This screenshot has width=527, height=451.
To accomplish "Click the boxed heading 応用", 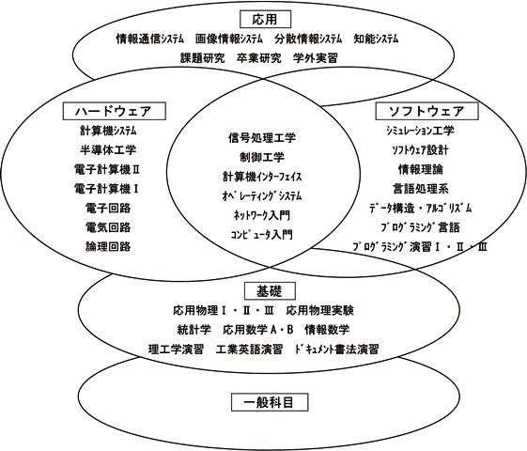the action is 265,19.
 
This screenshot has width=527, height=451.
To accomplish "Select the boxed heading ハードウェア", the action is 115,111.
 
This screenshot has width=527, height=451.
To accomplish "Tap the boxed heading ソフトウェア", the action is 426,111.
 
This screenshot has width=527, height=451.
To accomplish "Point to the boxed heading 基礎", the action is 270,291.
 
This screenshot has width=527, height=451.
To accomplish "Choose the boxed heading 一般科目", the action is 270,402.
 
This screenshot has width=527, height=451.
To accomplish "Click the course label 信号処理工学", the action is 262,137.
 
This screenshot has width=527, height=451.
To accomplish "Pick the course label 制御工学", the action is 262,157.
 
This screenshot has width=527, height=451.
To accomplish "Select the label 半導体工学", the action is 108,149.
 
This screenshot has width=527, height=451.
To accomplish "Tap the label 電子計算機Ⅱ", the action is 106,169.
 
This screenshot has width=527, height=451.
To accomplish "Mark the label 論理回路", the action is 108,246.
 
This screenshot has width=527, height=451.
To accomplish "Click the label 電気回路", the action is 108,227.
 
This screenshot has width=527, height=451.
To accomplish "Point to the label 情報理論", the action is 421,169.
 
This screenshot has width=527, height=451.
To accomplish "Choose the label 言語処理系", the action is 421,189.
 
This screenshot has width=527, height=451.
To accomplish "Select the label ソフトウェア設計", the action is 420,150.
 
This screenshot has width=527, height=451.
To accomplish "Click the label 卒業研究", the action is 258,58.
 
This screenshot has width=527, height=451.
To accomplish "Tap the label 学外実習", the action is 316,58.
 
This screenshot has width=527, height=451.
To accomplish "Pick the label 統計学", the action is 194,330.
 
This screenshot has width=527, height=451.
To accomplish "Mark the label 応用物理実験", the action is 320,310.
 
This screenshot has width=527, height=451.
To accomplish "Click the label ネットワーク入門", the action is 262,215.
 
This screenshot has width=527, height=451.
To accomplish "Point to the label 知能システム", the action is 376,39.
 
